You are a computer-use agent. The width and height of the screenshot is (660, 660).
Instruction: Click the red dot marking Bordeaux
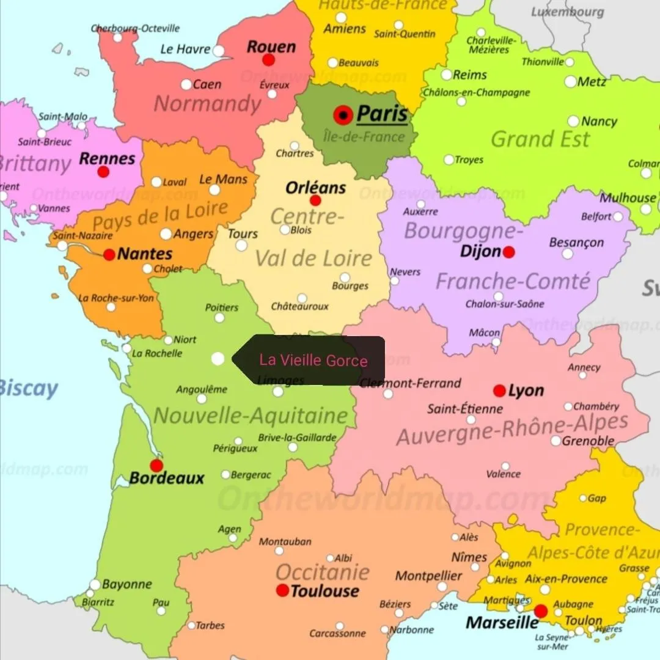pyautogui.click(x=156, y=466)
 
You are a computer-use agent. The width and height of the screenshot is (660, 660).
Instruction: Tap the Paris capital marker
pyautogui.click(x=343, y=115)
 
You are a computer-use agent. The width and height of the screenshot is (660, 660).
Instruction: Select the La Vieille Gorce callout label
pyautogui.click(x=313, y=360)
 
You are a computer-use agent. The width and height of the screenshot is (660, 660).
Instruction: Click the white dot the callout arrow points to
pyautogui.click(x=218, y=359)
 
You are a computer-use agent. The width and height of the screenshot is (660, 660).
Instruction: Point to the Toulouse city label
pyautogui.click(x=324, y=591)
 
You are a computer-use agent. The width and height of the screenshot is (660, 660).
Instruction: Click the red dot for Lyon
pyautogui.click(x=499, y=391)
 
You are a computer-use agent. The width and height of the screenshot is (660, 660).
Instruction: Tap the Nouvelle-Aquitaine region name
pyautogui.click(x=250, y=416)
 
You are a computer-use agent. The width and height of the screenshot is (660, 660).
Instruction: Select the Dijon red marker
pyautogui.click(x=508, y=252)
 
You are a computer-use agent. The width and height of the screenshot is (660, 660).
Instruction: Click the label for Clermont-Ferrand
pyautogui.click(x=410, y=383)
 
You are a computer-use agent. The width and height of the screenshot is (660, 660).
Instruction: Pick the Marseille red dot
pyautogui.click(x=541, y=611)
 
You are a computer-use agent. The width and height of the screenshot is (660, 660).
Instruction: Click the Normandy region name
pyautogui.click(x=207, y=104)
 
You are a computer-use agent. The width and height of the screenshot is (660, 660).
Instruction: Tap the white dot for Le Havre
pyautogui.click(x=218, y=51)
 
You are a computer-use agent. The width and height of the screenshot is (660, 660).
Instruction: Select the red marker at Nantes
pyautogui.click(x=109, y=254)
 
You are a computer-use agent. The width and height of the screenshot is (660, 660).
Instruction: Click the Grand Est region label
pyautogui.click(x=540, y=139)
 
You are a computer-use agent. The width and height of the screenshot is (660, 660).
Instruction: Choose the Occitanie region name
pyautogui.click(x=322, y=572)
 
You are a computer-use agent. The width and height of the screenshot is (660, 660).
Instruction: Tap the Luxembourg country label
pyautogui.click(x=568, y=12)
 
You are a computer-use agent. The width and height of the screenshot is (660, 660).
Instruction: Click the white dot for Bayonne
pyautogui.click(x=95, y=585)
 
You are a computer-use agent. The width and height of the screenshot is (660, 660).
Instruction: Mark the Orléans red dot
pyautogui.click(x=315, y=200)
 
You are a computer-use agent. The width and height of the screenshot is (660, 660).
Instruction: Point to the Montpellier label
pyautogui.click(x=428, y=576)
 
